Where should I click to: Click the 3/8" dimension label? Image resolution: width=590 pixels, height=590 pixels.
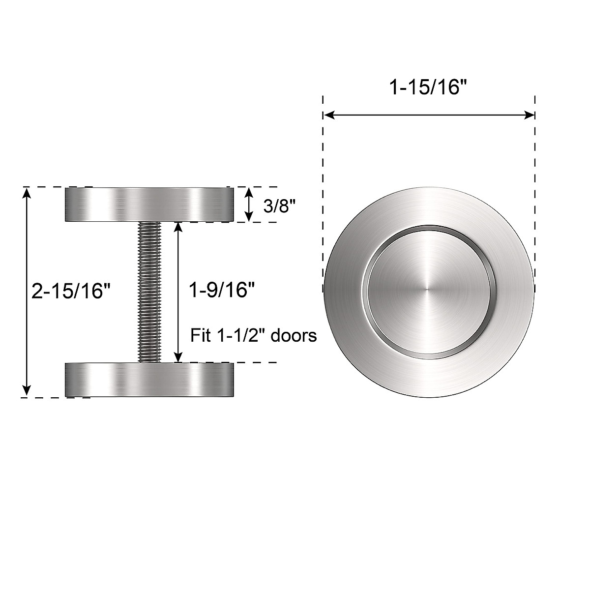coord(279,205)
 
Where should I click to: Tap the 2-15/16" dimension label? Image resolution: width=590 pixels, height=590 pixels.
coord(69,291)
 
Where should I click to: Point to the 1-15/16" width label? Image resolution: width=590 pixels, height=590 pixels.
coord(427,88)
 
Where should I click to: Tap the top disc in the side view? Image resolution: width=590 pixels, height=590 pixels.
coord(149,204)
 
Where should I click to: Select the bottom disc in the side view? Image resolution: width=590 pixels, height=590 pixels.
coord(149,380)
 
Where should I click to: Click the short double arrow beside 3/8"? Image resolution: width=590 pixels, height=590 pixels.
coord(249,204)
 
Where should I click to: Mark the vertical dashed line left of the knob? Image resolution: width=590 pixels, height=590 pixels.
coord(323,197)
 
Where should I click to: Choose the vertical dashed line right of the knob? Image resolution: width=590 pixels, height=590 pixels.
coord(534,197)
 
